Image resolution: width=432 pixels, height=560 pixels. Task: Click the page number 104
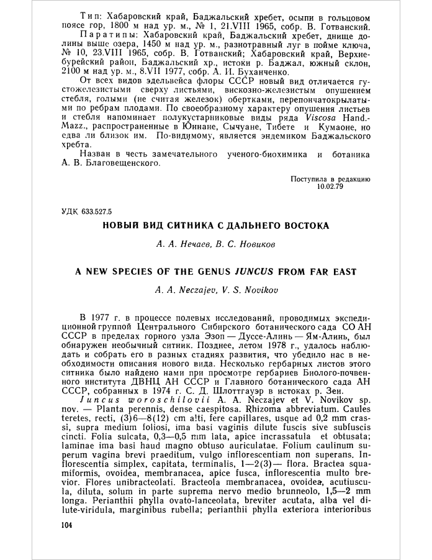67,525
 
